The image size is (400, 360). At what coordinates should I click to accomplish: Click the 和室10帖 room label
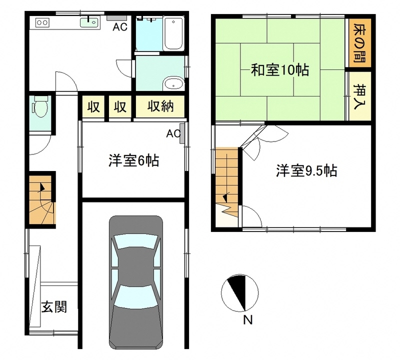(280, 70)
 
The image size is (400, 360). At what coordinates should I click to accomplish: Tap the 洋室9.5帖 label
(306, 170)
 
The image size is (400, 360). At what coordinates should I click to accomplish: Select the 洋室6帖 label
(133, 160)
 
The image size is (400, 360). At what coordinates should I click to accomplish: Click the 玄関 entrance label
(54, 306)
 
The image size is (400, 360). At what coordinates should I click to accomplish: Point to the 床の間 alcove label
(359, 43)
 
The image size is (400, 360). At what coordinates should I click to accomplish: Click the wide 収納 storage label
(160, 106)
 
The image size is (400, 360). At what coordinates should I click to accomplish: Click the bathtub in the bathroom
(173, 33)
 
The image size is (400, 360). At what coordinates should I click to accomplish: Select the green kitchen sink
(89, 22)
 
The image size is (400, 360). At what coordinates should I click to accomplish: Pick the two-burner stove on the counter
(42, 22)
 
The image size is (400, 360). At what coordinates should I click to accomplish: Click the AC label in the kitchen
(120, 27)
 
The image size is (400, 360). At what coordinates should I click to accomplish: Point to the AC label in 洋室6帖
(173, 133)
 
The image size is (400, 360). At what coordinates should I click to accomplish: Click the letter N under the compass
(247, 320)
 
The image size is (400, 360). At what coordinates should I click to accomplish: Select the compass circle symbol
(240, 293)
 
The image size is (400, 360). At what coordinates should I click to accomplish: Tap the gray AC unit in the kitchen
(116, 18)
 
